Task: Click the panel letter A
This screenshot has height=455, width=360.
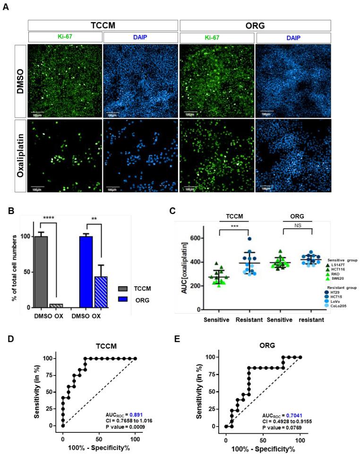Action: click(6, 9)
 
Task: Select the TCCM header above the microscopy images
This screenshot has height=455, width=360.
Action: click(103, 26)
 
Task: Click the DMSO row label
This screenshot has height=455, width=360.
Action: click(14, 80)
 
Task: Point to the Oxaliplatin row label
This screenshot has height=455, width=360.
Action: click(14, 155)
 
